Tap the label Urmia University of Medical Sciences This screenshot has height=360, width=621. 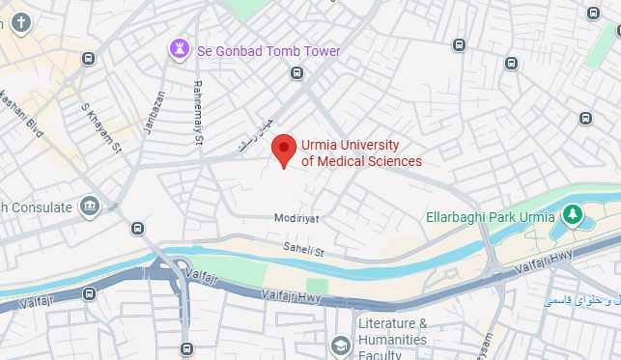[x=361, y=152]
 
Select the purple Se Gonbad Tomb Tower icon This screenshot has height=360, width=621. [x=180, y=49]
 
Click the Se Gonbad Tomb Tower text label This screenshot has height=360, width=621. [x=268, y=50]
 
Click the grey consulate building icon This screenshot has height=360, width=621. [x=90, y=206]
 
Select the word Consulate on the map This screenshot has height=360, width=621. [x=41, y=208]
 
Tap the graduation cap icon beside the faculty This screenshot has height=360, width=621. [x=340, y=345]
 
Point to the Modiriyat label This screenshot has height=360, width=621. [x=296, y=220]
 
